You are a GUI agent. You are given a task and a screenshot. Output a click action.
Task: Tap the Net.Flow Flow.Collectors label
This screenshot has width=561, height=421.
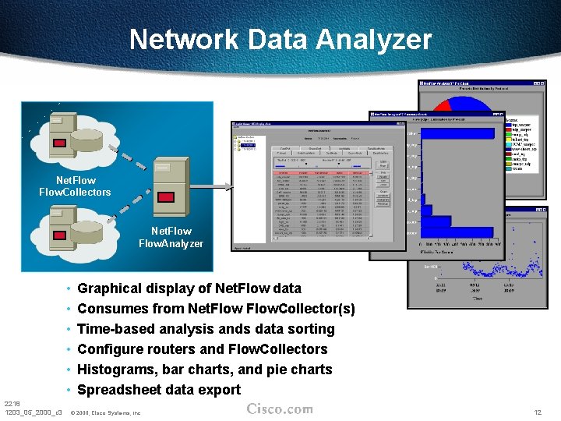point(75,186)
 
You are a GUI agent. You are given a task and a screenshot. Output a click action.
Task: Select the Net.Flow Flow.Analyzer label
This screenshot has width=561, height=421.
point(171,237)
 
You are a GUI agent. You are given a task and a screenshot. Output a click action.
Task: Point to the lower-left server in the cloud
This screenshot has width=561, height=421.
point(60,225)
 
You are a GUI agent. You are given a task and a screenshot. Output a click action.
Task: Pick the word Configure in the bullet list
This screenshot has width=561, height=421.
point(111,349)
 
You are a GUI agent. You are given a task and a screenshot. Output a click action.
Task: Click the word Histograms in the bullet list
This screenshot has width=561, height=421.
point(117,370)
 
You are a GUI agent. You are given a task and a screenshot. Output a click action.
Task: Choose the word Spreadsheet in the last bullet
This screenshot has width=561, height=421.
point(120,390)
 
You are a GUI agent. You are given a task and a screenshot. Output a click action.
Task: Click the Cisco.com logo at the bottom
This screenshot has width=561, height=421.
point(280,409)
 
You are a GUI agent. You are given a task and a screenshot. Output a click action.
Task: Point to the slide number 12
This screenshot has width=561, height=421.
point(537,412)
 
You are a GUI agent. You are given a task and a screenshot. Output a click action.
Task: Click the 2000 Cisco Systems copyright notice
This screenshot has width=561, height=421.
point(105,412)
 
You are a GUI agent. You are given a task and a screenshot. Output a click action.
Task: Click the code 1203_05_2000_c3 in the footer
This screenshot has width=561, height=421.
point(33,412)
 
